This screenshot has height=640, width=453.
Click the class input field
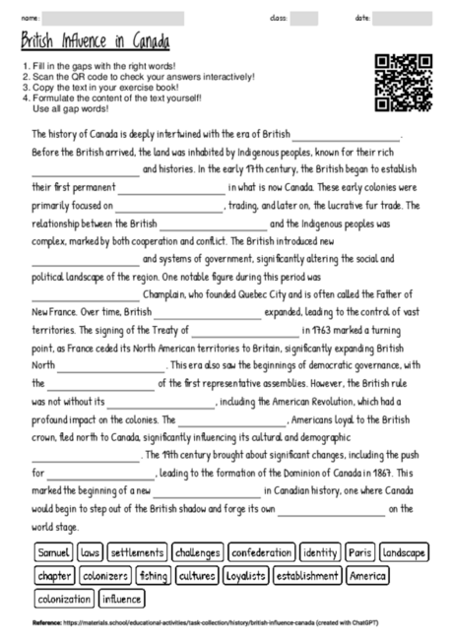point(303,18)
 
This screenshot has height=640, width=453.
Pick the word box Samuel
point(53,552)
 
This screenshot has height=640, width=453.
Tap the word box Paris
point(359,552)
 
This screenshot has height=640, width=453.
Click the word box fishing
point(153,575)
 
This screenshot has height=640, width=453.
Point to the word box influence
point(121,598)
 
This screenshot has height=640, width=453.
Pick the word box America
point(368,575)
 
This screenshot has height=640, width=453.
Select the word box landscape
point(404,552)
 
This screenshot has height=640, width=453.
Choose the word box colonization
point(62,598)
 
